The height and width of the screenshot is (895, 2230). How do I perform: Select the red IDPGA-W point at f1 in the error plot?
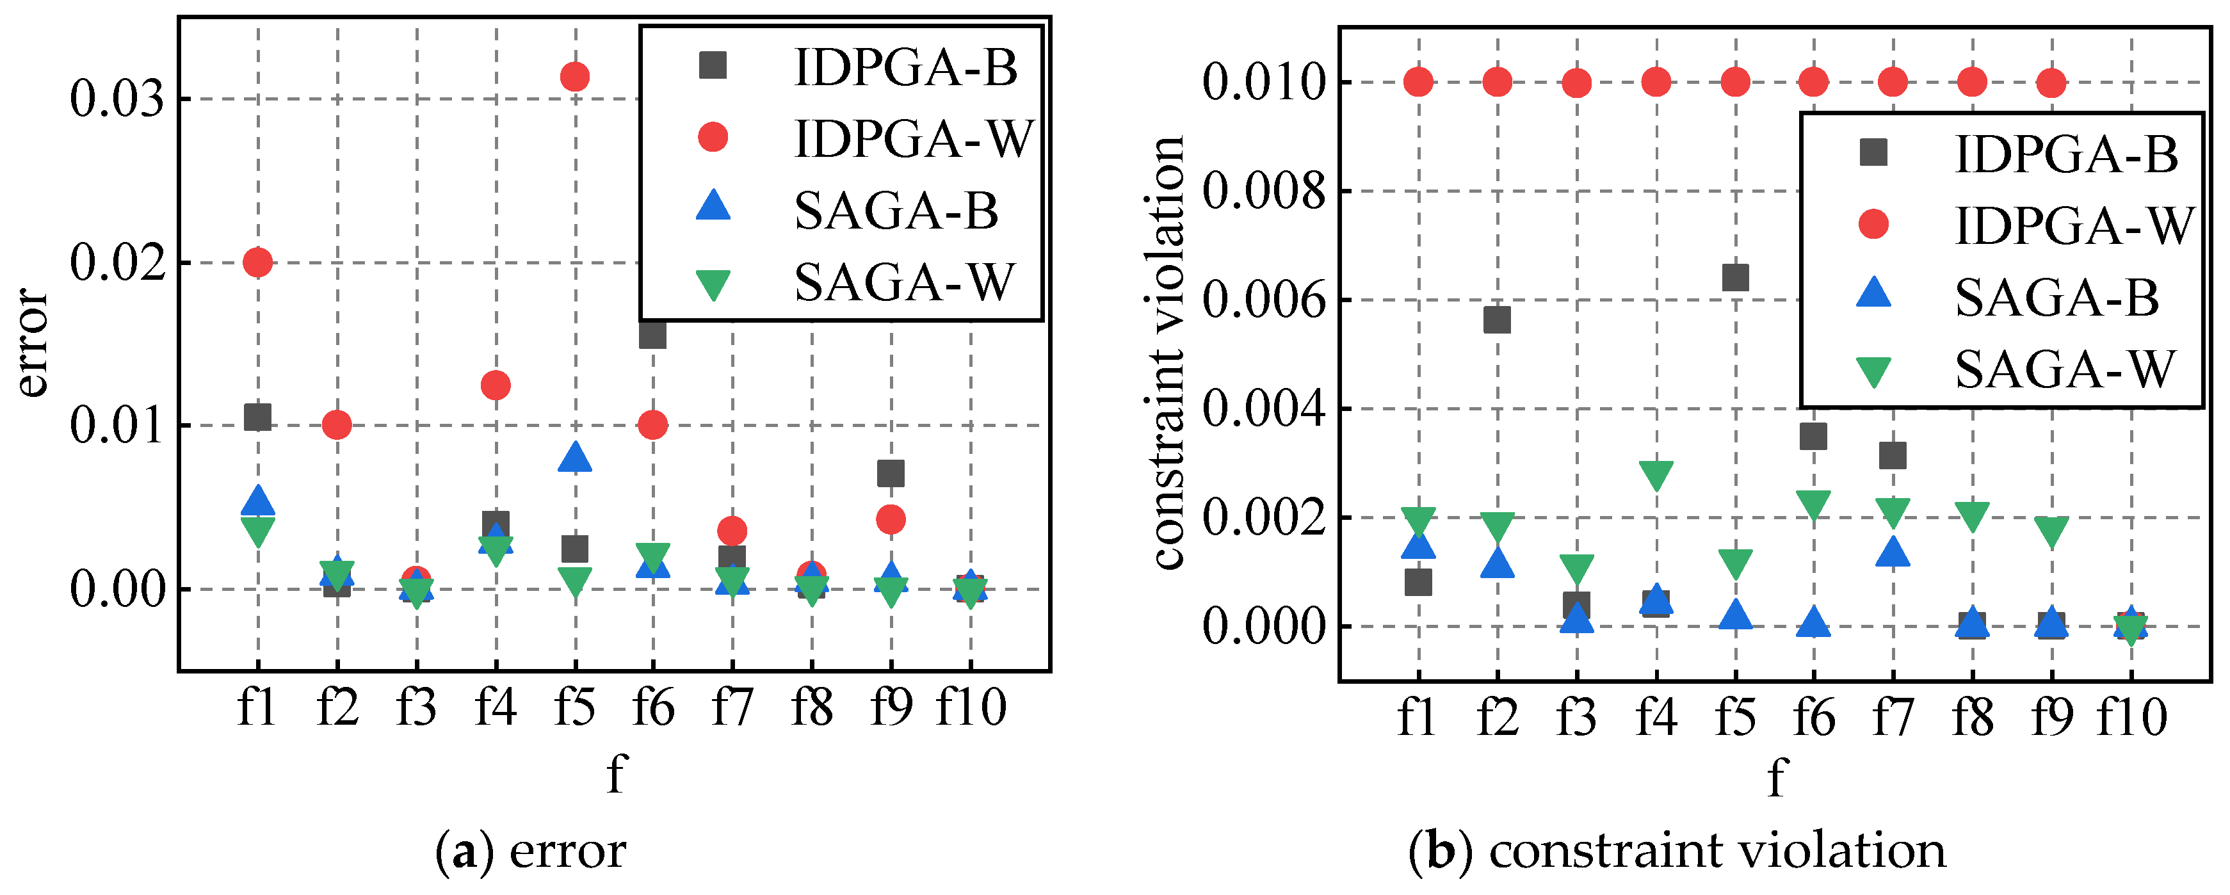point(258,261)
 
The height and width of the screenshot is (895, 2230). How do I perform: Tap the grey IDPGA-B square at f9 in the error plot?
point(891,474)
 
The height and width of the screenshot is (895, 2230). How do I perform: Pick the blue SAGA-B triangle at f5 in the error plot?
point(575,458)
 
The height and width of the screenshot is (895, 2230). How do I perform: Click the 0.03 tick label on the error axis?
point(117,99)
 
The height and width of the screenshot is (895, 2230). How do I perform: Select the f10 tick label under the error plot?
point(971,707)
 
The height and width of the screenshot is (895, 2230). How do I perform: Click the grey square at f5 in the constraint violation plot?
point(1735,278)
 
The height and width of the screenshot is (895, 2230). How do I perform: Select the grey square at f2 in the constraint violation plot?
point(1497,319)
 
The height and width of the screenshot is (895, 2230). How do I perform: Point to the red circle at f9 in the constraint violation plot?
point(2051,83)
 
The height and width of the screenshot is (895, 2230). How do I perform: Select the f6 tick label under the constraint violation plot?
point(1814,716)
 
